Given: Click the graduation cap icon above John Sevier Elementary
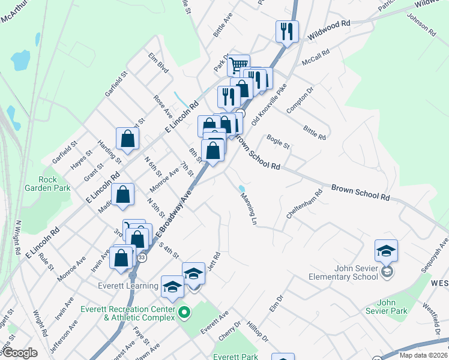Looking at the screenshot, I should pyautogui.click(x=386, y=251).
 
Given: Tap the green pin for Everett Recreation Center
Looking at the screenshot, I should pyautogui.click(x=185, y=313).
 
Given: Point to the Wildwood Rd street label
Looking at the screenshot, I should pyautogui.click(x=328, y=30).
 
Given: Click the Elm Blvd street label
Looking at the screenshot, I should pyautogui.click(x=158, y=62).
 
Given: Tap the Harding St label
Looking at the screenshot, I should pyautogui.click(x=110, y=153).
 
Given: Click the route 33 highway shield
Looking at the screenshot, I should pyautogui.click(x=142, y=257).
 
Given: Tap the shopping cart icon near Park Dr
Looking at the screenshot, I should pyautogui.click(x=239, y=64).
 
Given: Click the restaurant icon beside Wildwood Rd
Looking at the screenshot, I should pyautogui.click(x=287, y=31).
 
